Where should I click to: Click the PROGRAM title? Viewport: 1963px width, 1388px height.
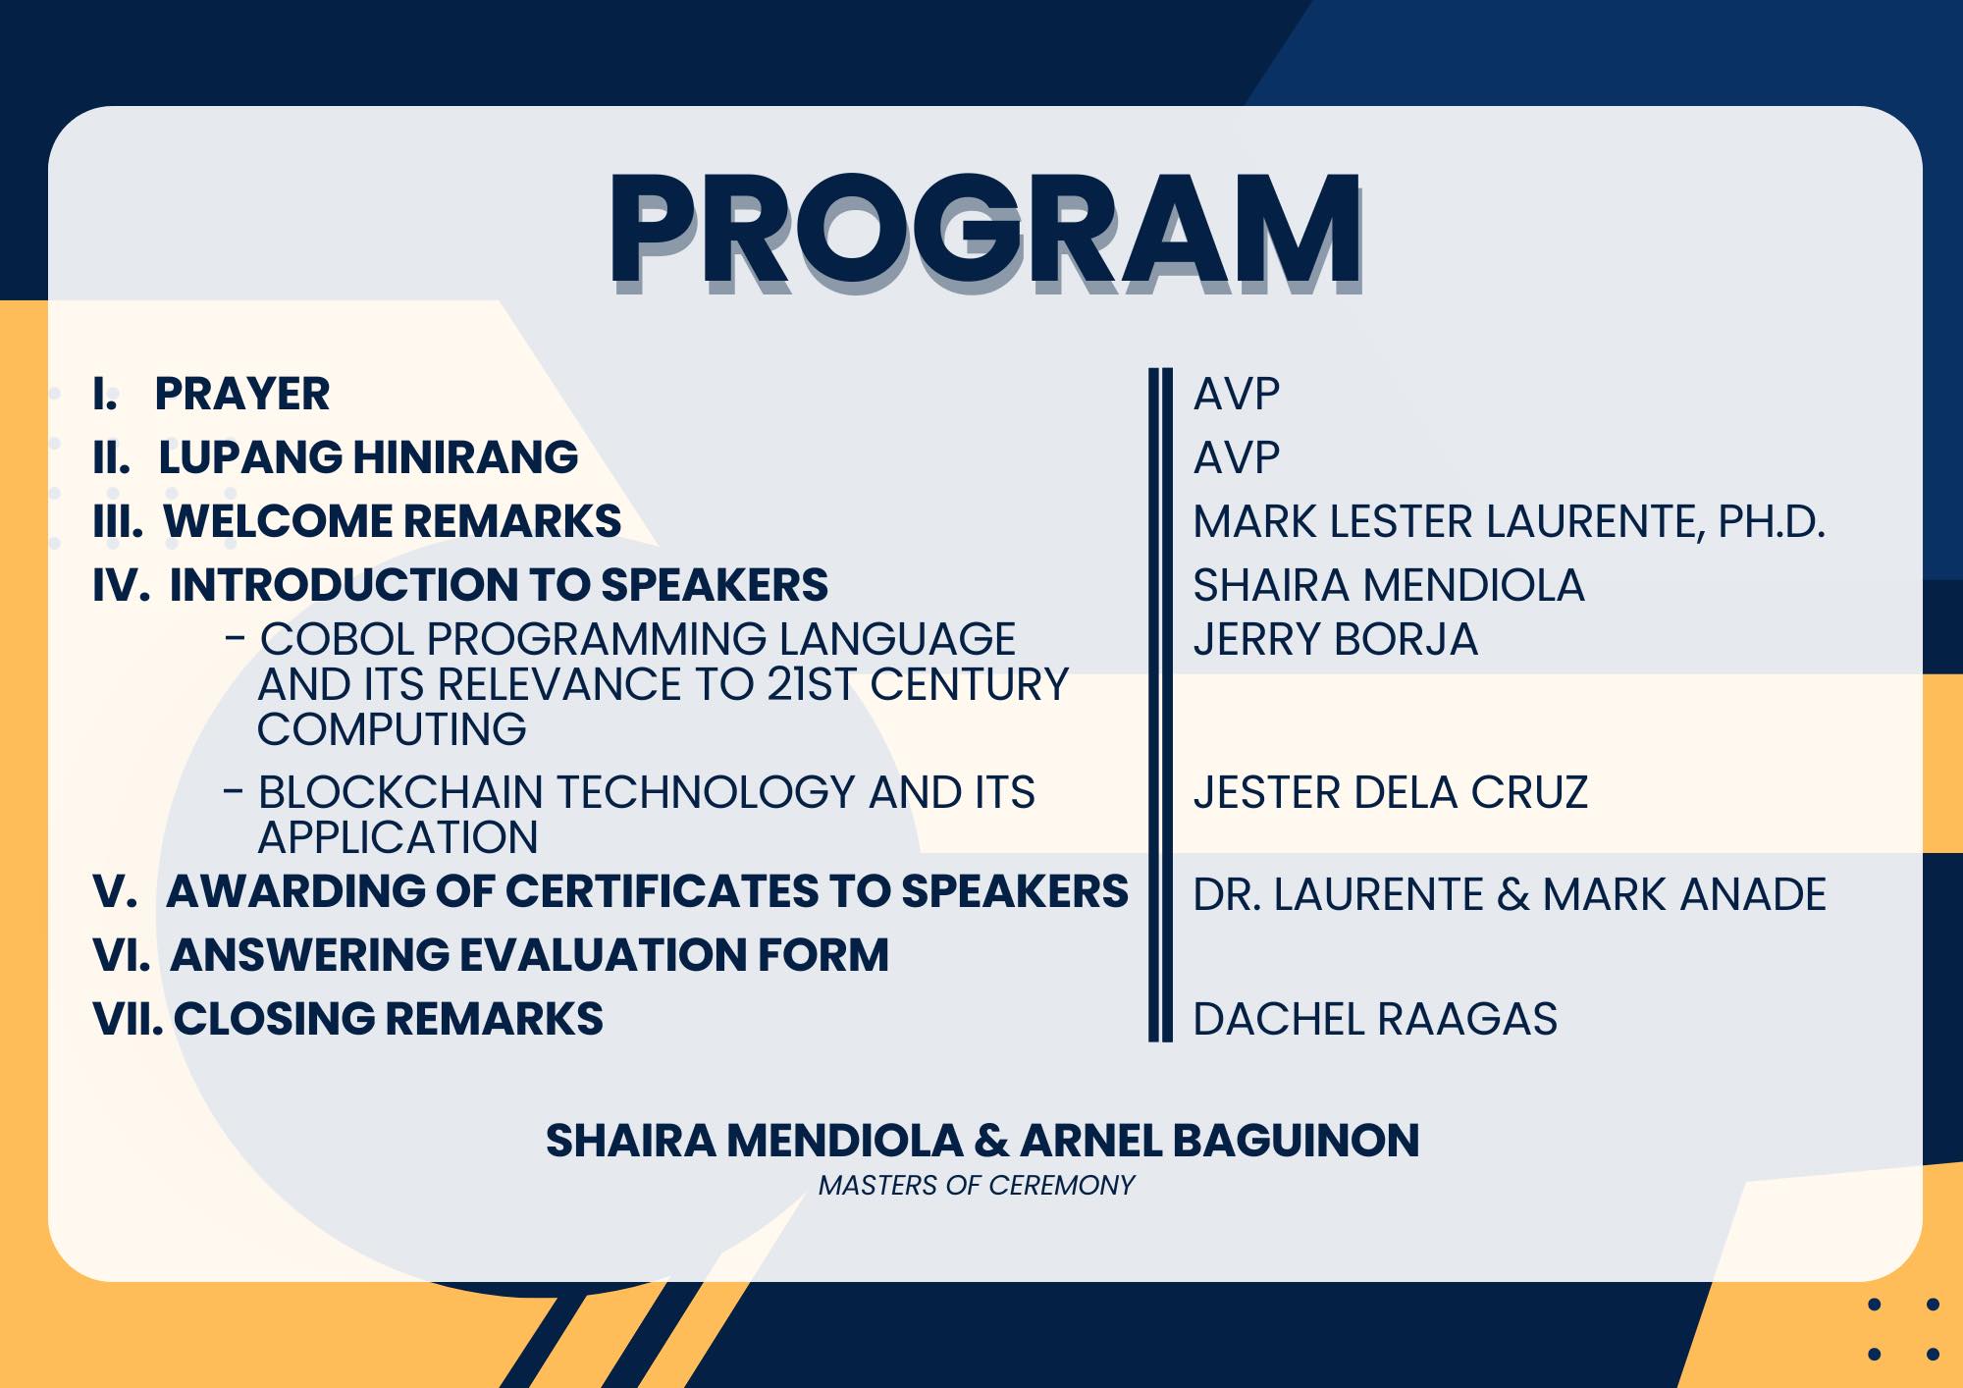985,233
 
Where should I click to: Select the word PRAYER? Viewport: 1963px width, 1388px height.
242,395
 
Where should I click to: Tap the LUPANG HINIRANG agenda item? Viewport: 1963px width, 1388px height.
369,457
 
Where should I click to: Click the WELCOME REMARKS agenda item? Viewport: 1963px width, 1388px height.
393,521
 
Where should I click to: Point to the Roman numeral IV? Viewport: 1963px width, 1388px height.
121,585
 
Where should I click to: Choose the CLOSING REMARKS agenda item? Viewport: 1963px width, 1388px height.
389,1019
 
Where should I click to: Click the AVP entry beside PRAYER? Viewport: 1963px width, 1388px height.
1237,395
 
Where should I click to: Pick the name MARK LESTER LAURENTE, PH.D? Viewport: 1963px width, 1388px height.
1509,522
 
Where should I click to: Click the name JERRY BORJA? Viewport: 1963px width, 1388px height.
1336,639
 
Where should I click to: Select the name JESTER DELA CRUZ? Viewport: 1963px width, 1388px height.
1391,792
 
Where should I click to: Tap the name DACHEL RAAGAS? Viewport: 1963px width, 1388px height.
1375,1019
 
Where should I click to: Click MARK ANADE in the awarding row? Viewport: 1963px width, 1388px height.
1684,894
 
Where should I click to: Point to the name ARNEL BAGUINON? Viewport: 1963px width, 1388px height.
1220,1141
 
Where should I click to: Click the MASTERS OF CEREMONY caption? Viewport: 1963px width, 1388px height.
977,1186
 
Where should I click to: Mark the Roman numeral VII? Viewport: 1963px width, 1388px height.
129,1019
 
